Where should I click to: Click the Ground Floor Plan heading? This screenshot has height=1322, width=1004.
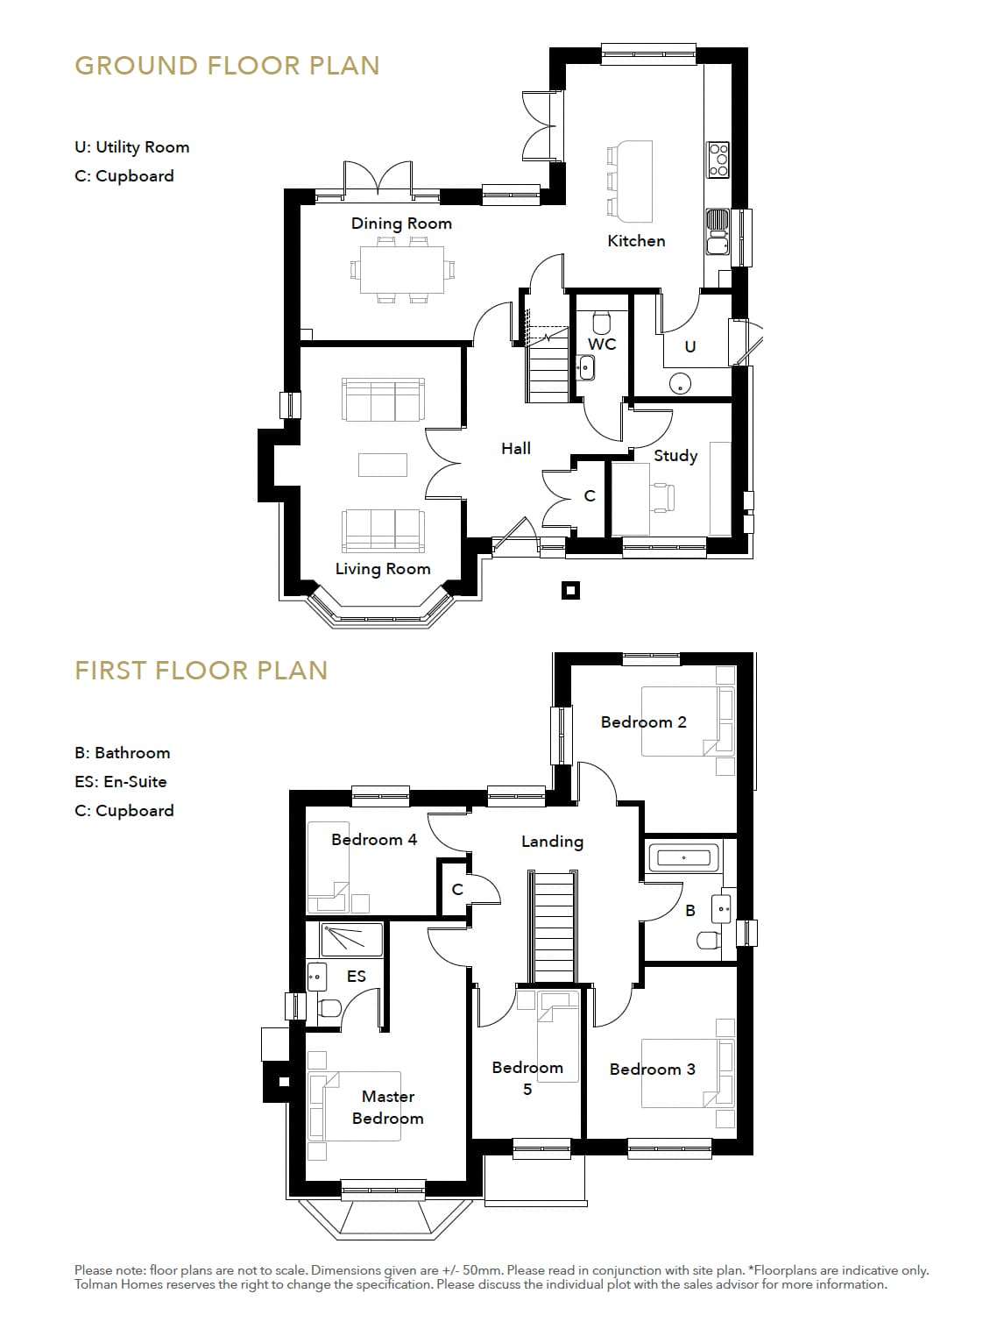coord(227,66)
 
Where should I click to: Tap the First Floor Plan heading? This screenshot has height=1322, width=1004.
coord(201,671)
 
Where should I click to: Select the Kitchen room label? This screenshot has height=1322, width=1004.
coord(636,241)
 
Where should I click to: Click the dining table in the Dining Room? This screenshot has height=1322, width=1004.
coord(401,270)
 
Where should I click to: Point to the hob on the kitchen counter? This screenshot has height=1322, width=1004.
coord(718,160)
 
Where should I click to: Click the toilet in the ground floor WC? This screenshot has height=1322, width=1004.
coord(601,323)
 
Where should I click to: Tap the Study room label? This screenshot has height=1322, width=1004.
coord(675,455)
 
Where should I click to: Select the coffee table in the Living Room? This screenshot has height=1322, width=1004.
coord(383,465)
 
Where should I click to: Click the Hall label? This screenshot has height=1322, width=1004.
coord(516,448)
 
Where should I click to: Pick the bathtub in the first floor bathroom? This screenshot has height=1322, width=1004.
coord(683,857)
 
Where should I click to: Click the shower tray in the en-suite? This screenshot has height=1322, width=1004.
coord(352,940)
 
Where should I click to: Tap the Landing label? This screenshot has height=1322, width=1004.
coord(552,842)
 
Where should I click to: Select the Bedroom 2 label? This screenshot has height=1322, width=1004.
coord(643,722)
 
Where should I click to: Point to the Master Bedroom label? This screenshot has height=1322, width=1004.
coord(387,1107)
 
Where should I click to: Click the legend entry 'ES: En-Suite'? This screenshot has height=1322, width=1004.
coord(120,782)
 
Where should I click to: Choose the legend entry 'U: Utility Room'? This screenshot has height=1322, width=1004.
coord(131,147)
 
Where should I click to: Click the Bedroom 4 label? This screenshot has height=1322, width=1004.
coord(374,840)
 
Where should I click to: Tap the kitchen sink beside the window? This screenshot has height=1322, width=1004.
coord(718,232)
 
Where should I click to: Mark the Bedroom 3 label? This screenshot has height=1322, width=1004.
coord(652,1069)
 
